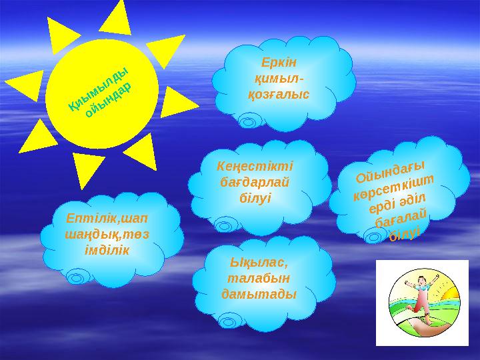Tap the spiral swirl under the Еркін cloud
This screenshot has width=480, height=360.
coord(249,121)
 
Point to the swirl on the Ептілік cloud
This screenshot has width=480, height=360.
coord(79,274)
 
